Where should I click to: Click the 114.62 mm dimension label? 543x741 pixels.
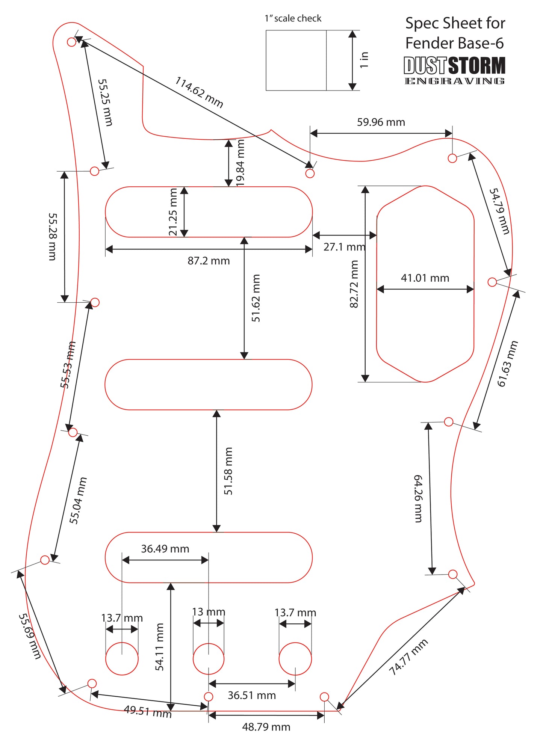tap(199, 92)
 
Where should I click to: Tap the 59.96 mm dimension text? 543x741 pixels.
tap(381, 122)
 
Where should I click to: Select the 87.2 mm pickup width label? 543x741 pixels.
tap(209, 261)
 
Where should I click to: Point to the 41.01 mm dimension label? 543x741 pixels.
tap(425, 278)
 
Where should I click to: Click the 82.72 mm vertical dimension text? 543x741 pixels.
tap(354, 284)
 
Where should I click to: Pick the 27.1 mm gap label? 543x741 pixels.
tap(344, 247)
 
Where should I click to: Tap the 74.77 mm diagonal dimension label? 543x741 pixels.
tap(408, 657)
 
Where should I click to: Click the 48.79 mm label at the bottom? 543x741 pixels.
tap(266, 727)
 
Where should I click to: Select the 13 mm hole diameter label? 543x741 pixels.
tap(209, 612)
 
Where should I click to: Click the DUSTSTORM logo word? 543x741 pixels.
tap(455, 66)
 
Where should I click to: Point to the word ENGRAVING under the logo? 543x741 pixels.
tap(455, 81)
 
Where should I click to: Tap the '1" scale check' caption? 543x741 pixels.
tap(293, 18)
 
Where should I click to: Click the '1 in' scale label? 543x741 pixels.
tap(364, 60)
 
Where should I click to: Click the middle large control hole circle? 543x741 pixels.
tap(209, 659)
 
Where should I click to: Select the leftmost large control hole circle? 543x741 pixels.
tap(122, 659)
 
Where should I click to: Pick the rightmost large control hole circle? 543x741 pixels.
tap(295, 659)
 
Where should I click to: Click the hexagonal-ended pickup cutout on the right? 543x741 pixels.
tap(377, 284)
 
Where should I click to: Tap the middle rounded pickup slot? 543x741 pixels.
tap(209, 359)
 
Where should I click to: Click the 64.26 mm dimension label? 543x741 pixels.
tap(418, 498)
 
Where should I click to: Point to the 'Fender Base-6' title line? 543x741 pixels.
tap(455, 43)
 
